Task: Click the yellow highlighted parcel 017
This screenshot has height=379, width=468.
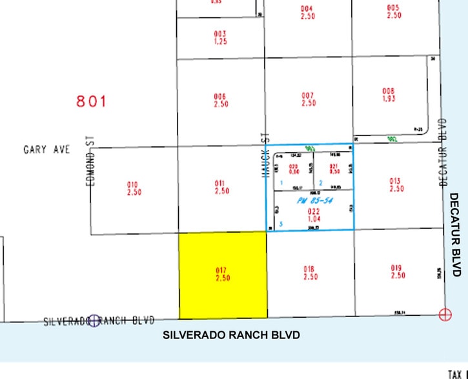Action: click(223, 275)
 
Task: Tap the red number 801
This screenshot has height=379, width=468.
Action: click(91, 101)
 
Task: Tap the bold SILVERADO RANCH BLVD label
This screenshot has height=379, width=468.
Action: click(232, 336)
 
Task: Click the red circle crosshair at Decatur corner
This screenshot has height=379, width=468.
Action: click(445, 315)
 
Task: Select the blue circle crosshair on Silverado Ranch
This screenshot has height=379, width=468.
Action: click(95, 320)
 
